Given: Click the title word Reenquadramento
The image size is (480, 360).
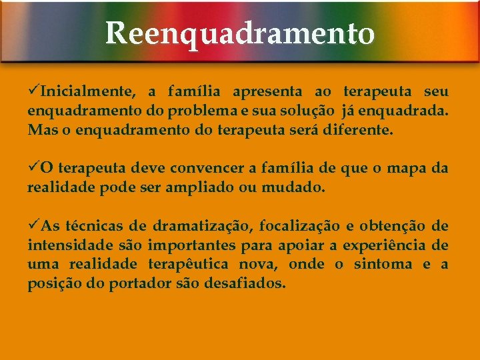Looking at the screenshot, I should [239, 33].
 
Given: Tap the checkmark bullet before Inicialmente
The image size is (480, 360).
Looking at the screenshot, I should [33, 91].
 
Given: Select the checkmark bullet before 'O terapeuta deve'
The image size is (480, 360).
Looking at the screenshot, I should [33, 167].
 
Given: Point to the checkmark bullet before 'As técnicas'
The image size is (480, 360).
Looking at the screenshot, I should [33, 225].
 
